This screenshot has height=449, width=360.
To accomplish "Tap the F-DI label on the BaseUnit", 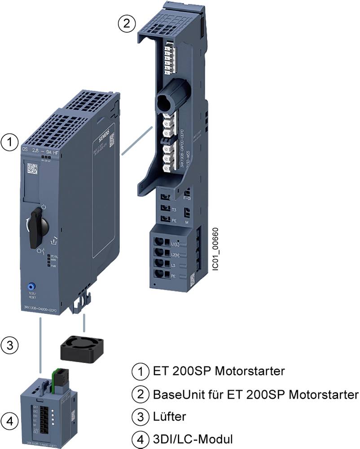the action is [x=187, y=197].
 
